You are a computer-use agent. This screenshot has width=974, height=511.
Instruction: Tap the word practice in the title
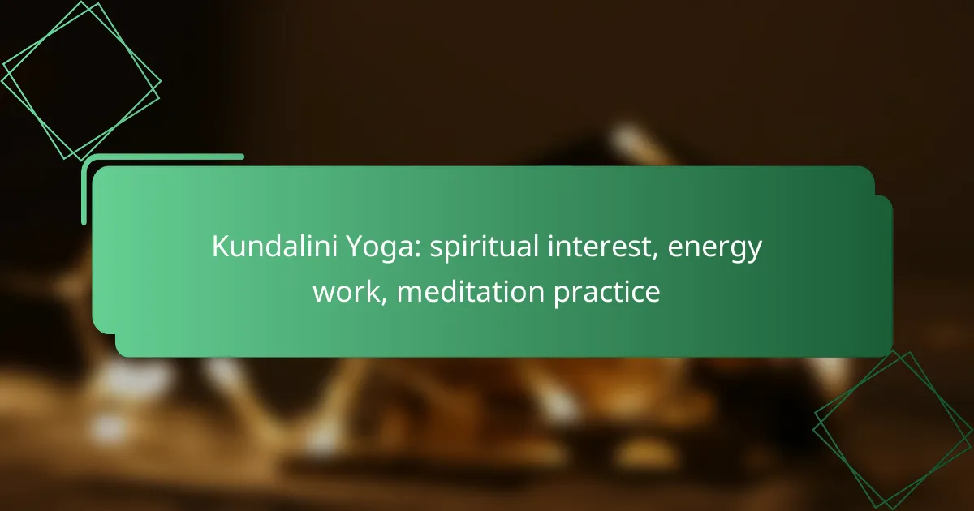607,294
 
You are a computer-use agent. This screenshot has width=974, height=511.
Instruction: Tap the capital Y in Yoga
356,247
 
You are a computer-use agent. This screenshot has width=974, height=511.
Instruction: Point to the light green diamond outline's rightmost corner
161,81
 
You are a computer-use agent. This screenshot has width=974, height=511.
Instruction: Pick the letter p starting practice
562,295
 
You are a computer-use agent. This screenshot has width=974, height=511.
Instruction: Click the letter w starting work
325,294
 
